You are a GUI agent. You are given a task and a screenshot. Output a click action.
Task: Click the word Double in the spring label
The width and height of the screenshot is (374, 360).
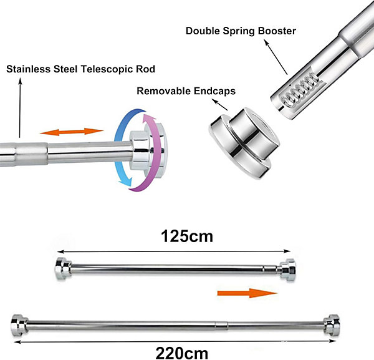tap(203, 31)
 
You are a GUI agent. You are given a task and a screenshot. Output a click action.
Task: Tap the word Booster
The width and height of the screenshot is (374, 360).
tap(277, 31)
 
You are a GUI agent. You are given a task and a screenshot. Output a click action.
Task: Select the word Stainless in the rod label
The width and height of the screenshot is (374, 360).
tap(29, 69)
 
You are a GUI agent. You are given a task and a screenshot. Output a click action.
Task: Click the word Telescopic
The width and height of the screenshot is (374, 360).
tap(107, 69)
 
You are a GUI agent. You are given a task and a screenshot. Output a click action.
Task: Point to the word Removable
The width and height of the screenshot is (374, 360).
tap(163, 91)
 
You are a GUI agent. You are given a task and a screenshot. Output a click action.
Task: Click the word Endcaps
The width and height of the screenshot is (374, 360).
tap(214, 91)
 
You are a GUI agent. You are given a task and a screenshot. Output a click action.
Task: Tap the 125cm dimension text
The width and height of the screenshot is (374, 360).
tap(187, 236)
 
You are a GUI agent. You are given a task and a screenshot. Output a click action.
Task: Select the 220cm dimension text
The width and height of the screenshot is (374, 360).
tap(182, 353)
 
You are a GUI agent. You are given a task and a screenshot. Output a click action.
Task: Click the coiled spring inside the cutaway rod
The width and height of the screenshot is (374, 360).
tap(300, 90)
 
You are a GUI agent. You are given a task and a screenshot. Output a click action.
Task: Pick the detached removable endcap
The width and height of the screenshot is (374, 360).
tap(244, 143)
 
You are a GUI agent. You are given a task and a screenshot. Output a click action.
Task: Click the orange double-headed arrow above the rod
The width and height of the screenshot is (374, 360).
tap(72, 132)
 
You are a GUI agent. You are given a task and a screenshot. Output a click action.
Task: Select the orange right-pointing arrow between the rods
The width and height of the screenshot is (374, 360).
tap(247, 293)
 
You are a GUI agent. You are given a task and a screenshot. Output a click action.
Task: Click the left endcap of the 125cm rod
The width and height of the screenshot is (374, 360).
tap(63, 268)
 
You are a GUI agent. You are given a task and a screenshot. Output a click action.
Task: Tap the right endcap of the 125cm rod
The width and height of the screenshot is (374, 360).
tap(288, 270)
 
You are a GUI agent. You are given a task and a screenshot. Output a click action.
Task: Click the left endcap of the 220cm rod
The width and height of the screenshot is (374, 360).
tap(19, 325)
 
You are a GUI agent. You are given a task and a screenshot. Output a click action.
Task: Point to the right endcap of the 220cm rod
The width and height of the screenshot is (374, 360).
tap(332, 325)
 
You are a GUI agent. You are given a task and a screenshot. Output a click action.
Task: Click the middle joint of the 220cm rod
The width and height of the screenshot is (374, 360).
tap(221, 325)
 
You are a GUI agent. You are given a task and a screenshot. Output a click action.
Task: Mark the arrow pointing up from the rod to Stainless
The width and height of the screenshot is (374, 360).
tap(20, 108)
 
